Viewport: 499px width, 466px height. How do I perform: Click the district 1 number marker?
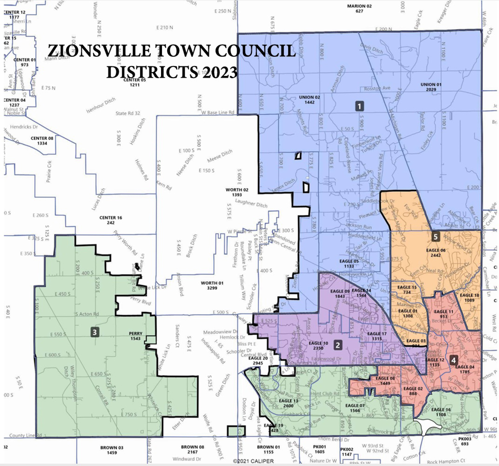click(x=359, y=106)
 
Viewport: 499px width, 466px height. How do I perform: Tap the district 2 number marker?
click(x=338, y=345)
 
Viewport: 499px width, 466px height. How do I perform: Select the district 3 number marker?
click(x=94, y=331)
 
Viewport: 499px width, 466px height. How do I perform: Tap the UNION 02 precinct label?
click(x=310, y=99)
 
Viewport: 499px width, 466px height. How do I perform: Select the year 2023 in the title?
click(x=217, y=73)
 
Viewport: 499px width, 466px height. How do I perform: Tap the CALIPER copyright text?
click(x=253, y=461)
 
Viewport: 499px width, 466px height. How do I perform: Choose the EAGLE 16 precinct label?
click(x=441, y=412)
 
